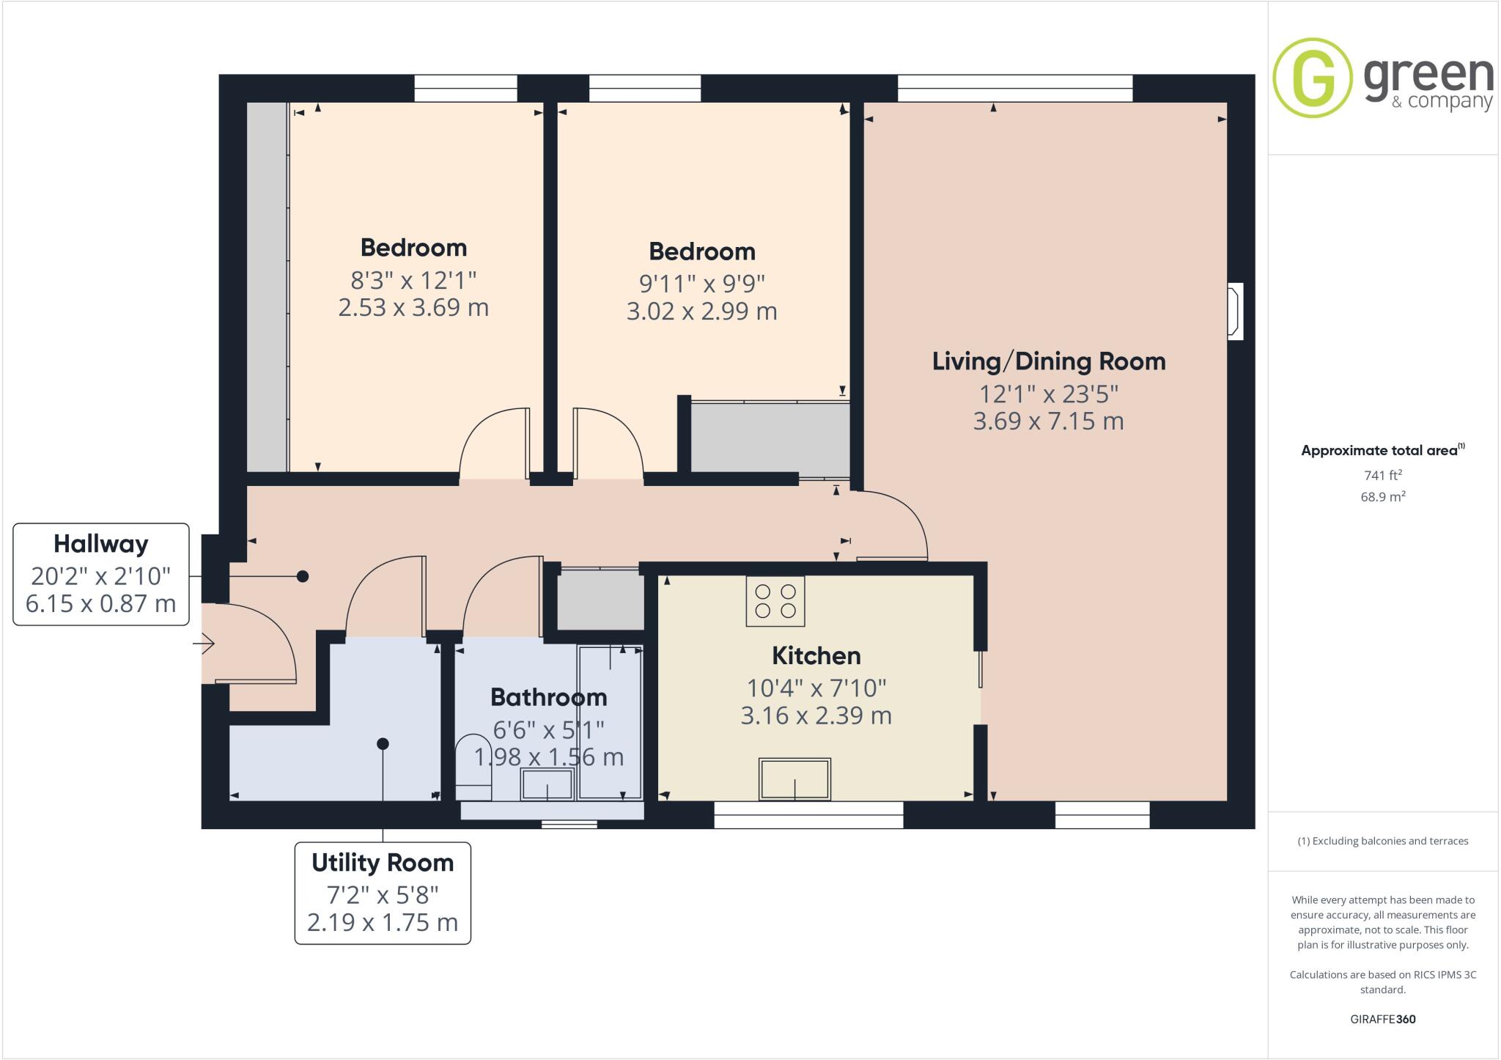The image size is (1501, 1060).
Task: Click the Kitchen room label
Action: [x=816, y=655]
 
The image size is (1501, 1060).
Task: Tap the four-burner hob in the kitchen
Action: [x=775, y=601]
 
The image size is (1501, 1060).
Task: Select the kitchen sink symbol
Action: [x=795, y=779]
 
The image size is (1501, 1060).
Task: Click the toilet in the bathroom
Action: [x=473, y=770]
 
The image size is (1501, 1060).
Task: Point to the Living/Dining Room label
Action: [x=1048, y=361]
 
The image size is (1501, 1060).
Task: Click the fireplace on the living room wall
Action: [x=1235, y=311]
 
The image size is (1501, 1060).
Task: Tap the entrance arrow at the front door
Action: [x=204, y=644]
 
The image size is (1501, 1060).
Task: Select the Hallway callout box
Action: [x=101, y=574]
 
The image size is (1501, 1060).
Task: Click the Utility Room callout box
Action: [x=383, y=893]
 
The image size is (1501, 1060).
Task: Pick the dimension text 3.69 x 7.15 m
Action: [x=1048, y=422]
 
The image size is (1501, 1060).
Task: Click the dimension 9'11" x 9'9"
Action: [x=701, y=283]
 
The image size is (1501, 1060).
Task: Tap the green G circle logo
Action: [x=1312, y=78]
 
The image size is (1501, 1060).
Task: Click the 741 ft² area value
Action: [x=1382, y=475]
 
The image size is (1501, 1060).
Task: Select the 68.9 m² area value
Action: [x=1382, y=497]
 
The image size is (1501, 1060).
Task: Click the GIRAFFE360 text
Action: [x=1382, y=1019]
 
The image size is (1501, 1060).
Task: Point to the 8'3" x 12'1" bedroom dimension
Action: [x=413, y=280]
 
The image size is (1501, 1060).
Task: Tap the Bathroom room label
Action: [x=548, y=696]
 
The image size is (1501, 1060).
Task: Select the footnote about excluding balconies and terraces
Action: [x=1382, y=841]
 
